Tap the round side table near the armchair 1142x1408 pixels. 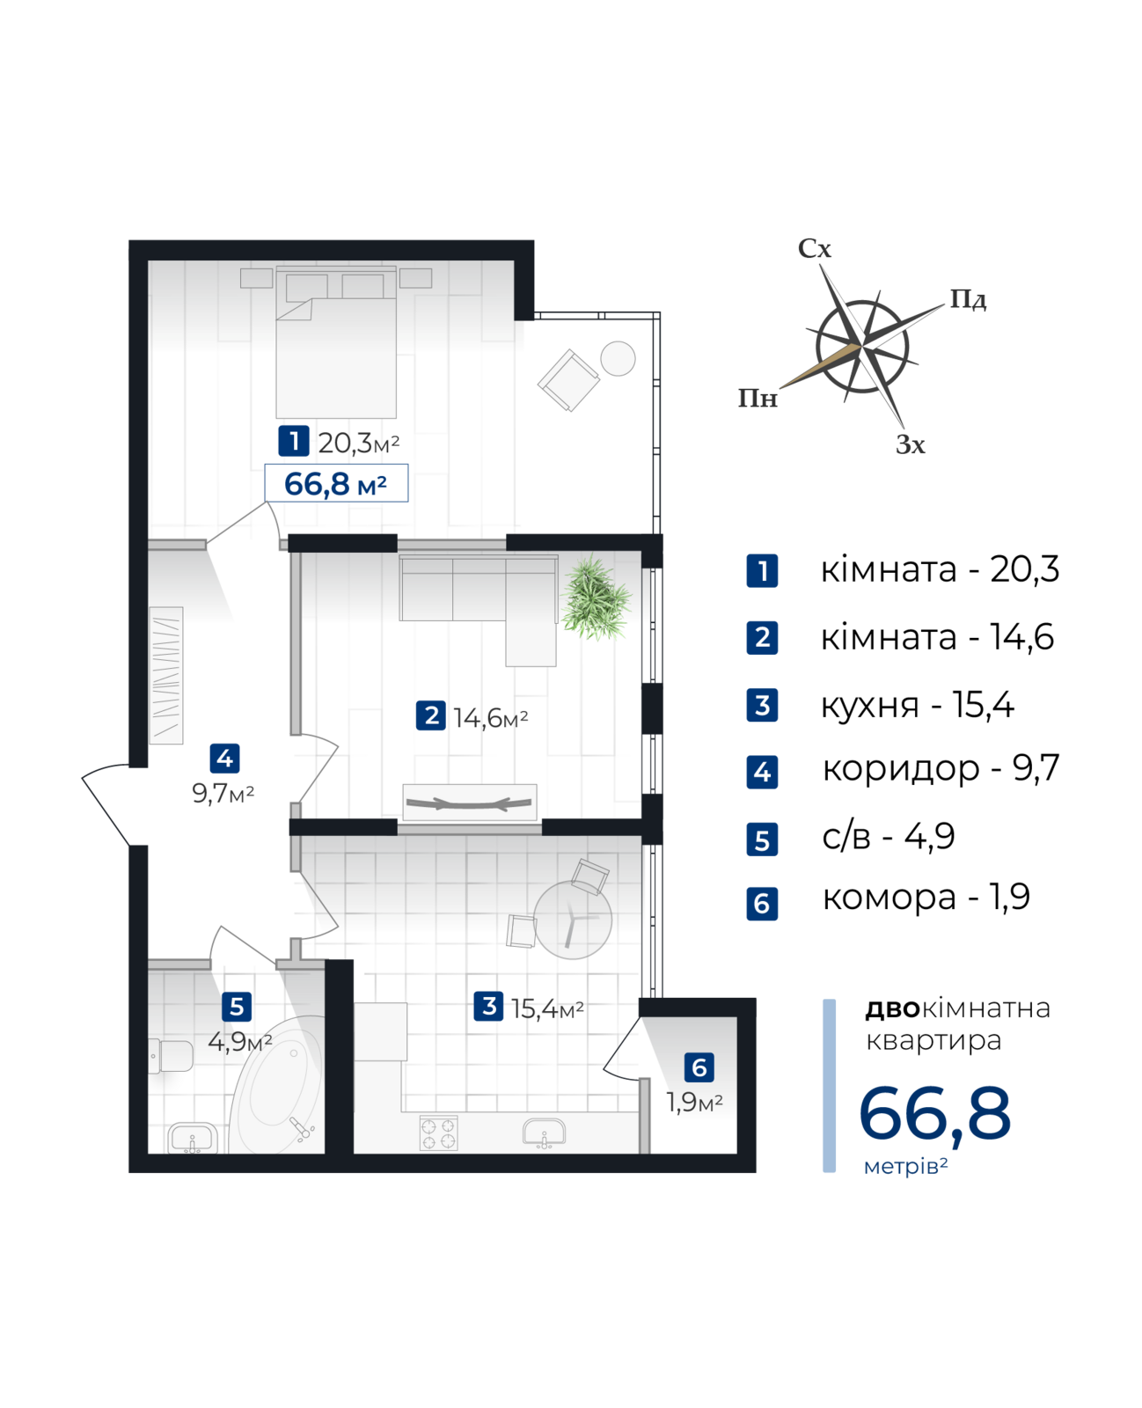[618, 358]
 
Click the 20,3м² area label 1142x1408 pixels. [359, 443]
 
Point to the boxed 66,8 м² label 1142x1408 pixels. [336, 483]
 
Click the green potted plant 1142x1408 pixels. [597, 598]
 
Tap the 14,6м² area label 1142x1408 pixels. [491, 718]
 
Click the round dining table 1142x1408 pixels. [573, 920]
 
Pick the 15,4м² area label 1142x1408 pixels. [548, 1008]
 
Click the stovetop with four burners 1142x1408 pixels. [438, 1133]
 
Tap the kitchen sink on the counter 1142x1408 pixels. [544, 1133]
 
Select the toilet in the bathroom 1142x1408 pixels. [171, 1055]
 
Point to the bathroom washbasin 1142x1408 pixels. [193, 1137]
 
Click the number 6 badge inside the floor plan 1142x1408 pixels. [699, 1067]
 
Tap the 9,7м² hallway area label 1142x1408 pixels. [223, 794]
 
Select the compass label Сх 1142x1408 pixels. [814, 249]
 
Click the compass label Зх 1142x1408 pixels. [911, 444]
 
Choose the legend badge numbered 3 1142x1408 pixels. [762, 705]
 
